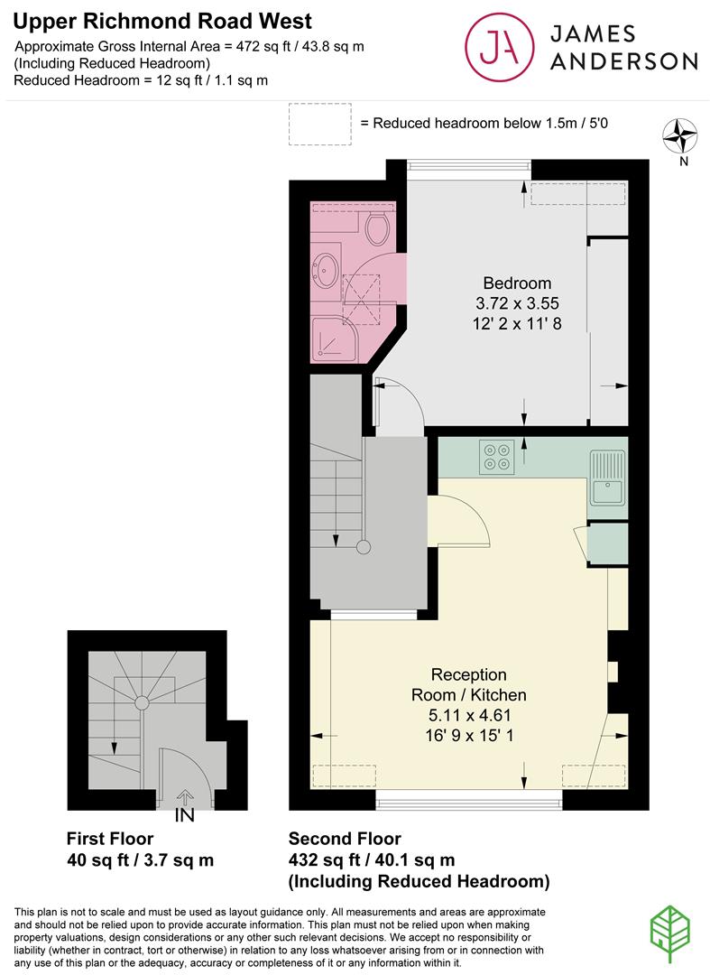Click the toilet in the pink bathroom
coord(377,227)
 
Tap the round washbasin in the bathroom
coord(327,271)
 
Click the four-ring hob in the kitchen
coord(496,457)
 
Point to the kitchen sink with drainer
coord(608,477)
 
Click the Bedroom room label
coord(517,283)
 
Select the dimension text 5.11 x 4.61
coord(470,715)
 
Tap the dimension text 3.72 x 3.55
coord(517,303)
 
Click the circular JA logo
coord(500,47)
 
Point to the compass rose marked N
coord(680,136)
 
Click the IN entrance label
coord(184,815)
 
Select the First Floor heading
coord(110,838)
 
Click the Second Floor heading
coord(345,838)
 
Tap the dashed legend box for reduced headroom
coord(320,125)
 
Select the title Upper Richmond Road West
coord(162,21)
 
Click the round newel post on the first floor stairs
coord(142,703)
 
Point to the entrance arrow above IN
coord(185,796)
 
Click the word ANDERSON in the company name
coord(623,61)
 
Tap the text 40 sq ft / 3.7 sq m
coord(140,860)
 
